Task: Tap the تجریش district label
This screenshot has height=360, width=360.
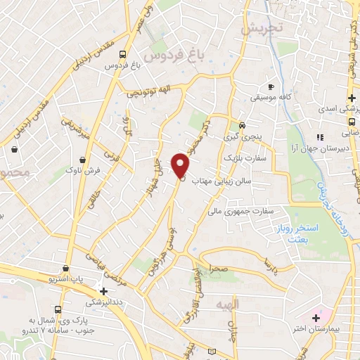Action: click(x=260, y=29)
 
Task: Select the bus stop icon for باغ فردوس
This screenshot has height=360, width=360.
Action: click(x=123, y=53)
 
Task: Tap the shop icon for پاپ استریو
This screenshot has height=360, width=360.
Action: click(x=65, y=268)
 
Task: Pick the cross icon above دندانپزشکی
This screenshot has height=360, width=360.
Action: click(x=103, y=290)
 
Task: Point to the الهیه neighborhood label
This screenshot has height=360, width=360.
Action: click(x=248, y=304)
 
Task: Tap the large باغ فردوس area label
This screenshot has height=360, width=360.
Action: click(x=168, y=53)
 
